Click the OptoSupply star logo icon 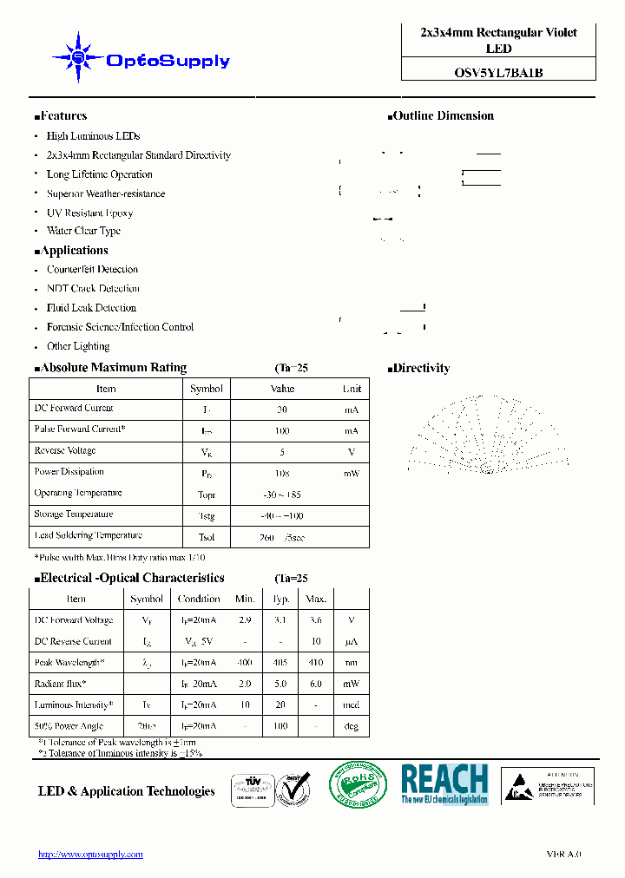(x=78, y=58)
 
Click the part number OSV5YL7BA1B (x=498, y=73)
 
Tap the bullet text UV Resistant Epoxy (x=89, y=213)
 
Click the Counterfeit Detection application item (x=92, y=270)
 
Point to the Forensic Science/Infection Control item (x=120, y=327)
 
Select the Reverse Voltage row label (x=65, y=451)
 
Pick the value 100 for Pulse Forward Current (x=282, y=430)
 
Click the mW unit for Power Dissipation (x=351, y=474)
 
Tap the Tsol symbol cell (x=207, y=537)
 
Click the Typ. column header (x=281, y=599)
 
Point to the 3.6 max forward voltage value (x=316, y=620)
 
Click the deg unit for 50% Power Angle (x=351, y=726)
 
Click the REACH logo (x=444, y=783)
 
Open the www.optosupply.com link (x=90, y=855)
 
